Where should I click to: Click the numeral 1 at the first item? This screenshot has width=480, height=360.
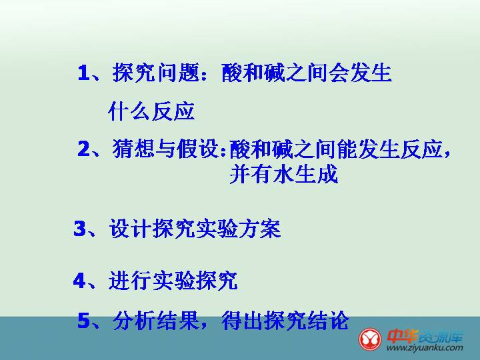83,73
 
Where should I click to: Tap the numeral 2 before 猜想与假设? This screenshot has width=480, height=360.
84,149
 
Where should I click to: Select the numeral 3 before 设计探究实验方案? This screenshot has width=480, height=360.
80,229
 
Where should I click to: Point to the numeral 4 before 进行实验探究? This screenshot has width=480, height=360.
79,280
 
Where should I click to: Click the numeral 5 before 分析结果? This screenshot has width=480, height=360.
84,320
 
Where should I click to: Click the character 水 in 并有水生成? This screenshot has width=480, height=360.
284,174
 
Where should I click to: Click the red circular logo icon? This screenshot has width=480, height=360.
370,339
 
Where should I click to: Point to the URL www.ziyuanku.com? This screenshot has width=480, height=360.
425,347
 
